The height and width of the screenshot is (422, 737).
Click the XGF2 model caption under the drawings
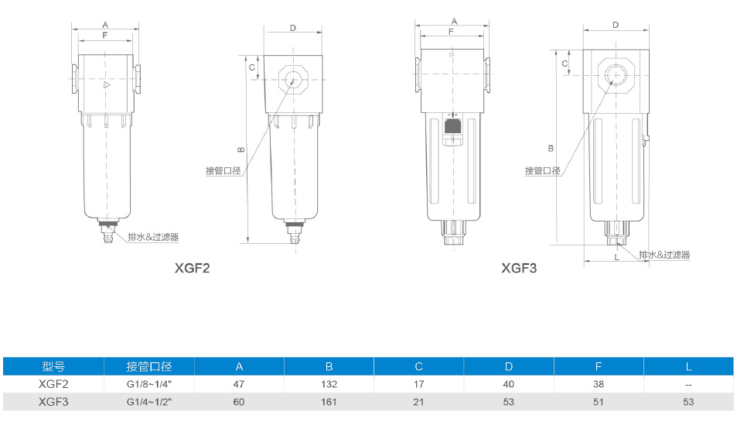[x=192, y=268]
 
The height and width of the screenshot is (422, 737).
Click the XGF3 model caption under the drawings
[x=518, y=268]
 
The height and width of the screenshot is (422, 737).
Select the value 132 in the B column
[x=329, y=384]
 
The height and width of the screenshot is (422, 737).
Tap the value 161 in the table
[x=329, y=402]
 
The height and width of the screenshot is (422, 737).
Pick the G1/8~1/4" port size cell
[x=149, y=384]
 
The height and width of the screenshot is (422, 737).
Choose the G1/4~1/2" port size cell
[x=149, y=402]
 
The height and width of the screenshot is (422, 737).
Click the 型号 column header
[x=53, y=366]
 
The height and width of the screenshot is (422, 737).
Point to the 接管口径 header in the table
[x=149, y=366]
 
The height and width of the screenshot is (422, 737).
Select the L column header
[x=688, y=366]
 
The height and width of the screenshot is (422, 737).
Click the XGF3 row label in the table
[x=53, y=402]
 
